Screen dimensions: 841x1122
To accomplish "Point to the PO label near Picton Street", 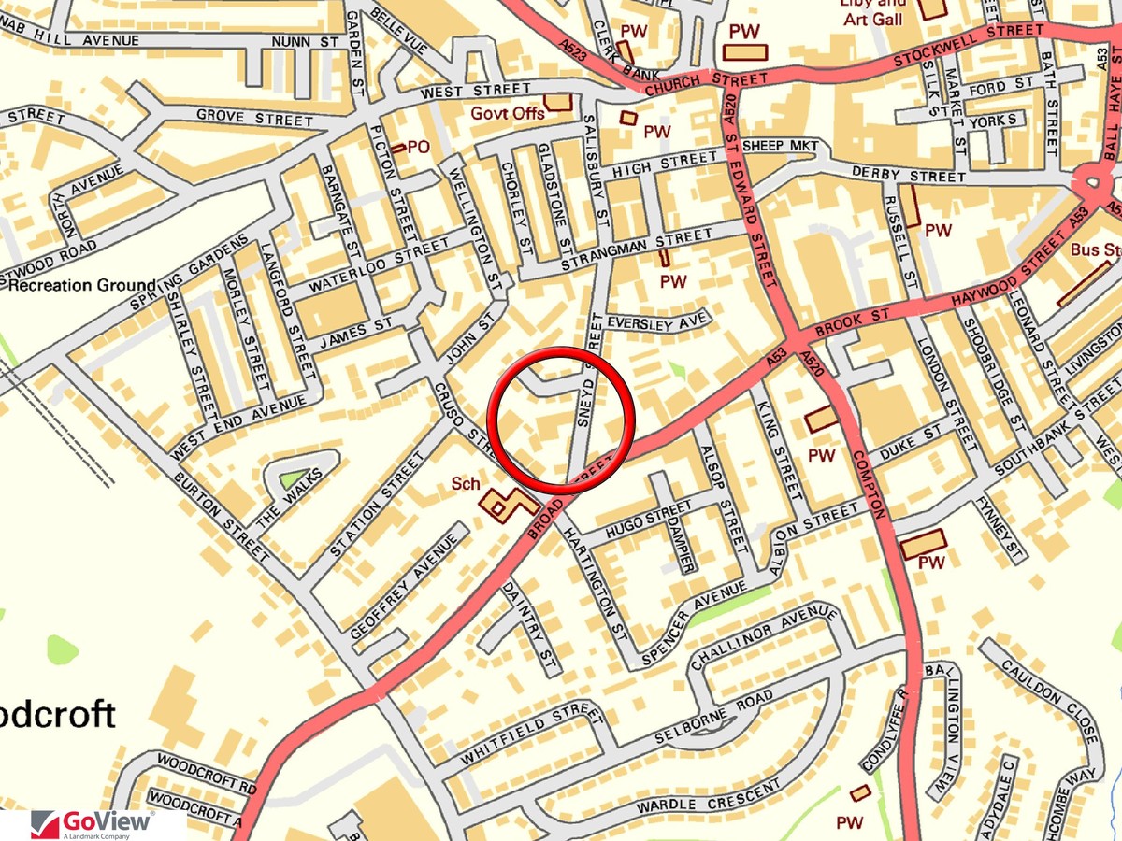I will (x=417, y=147).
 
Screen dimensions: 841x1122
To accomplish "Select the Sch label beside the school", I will (x=465, y=483).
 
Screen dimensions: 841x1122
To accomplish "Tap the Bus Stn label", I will (x=1095, y=249).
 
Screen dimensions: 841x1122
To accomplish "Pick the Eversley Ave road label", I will (x=655, y=322).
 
